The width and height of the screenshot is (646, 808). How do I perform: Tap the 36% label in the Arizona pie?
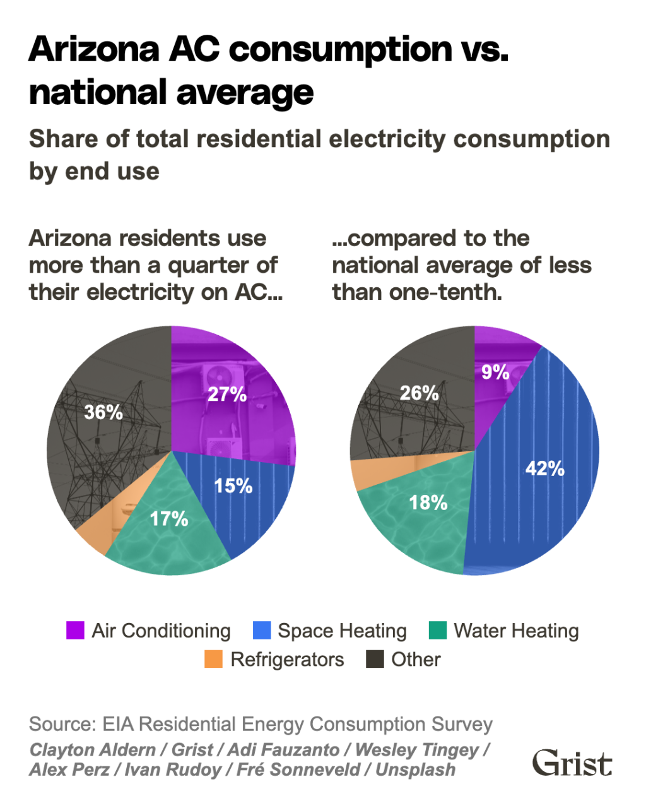(103, 412)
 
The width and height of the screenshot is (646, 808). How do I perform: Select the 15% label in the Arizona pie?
(233, 485)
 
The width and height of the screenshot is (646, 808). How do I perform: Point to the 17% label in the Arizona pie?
(169, 518)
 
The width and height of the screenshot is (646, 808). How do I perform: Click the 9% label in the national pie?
(495, 372)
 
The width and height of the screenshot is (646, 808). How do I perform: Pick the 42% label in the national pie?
(545, 468)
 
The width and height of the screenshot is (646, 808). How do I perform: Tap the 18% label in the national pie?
(428, 502)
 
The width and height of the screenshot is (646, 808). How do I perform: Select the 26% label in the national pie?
(420, 393)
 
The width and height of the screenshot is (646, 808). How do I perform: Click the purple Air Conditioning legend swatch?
(75, 631)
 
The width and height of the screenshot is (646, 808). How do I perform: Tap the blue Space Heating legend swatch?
(261, 631)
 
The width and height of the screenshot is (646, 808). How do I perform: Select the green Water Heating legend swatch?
(437, 631)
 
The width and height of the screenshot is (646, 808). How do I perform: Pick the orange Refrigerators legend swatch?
(214, 660)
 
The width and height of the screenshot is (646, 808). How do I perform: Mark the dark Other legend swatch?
(375, 660)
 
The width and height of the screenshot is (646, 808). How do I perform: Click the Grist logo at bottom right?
(572, 763)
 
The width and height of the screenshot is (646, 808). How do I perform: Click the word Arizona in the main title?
(94, 49)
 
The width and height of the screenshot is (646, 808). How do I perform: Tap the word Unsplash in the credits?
(416, 770)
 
